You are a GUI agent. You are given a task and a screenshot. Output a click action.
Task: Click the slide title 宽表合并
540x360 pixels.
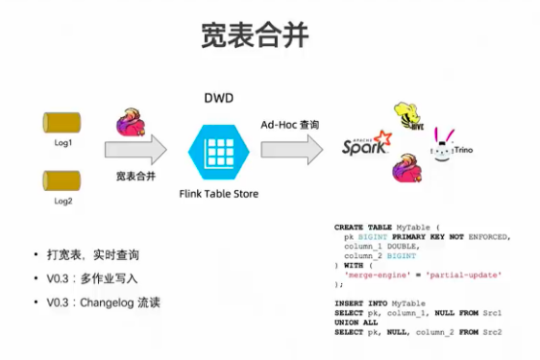pos(255,36)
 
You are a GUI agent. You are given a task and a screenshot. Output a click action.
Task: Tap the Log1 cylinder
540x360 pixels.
pos(62,123)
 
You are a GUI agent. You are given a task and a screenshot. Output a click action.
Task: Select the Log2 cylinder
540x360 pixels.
pos(62,180)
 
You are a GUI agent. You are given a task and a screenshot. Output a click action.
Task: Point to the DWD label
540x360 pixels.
pos(218,99)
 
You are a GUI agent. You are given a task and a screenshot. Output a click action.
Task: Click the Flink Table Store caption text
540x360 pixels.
pos(218,194)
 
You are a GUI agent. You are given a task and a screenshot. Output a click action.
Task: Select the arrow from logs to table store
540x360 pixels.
pos(135,150)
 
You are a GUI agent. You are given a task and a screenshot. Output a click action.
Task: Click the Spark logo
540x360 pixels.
pos(367,144)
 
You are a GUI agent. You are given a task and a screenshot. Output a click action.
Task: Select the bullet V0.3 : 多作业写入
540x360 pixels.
pos(92,278)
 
